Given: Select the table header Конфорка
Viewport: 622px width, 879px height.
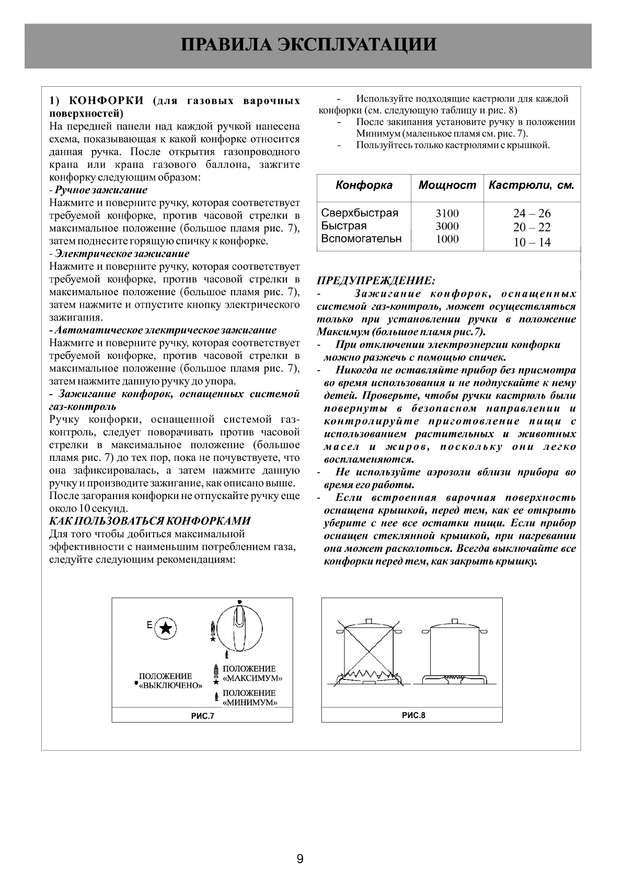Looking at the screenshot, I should [x=364, y=186].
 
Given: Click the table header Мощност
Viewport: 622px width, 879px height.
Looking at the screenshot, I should [x=447, y=186].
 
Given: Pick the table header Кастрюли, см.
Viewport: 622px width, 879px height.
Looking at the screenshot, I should [x=531, y=186].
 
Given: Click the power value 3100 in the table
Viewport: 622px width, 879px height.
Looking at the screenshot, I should [x=447, y=213].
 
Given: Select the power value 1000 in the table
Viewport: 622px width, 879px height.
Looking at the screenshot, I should [x=447, y=239].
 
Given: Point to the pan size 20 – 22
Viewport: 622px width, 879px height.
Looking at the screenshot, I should [x=532, y=227].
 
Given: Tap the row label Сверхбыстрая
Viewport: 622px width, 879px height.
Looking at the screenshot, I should [x=360, y=213].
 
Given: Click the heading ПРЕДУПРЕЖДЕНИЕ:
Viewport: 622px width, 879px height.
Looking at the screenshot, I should [x=376, y=281].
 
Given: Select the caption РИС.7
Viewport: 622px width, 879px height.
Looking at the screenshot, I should [x=202, y=716].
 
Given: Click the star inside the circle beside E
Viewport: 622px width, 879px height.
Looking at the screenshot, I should [x=165, y=628].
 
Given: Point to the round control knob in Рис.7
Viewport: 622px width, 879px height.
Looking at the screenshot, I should [x=239, y=627].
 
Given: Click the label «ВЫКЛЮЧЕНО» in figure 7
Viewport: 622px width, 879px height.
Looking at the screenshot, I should [x=170, y=686].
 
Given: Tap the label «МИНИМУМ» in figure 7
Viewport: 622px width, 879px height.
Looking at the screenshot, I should [x=250, y=702].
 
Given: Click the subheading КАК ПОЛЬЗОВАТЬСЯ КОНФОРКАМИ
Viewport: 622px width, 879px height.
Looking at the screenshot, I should [x=149, y=521].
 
